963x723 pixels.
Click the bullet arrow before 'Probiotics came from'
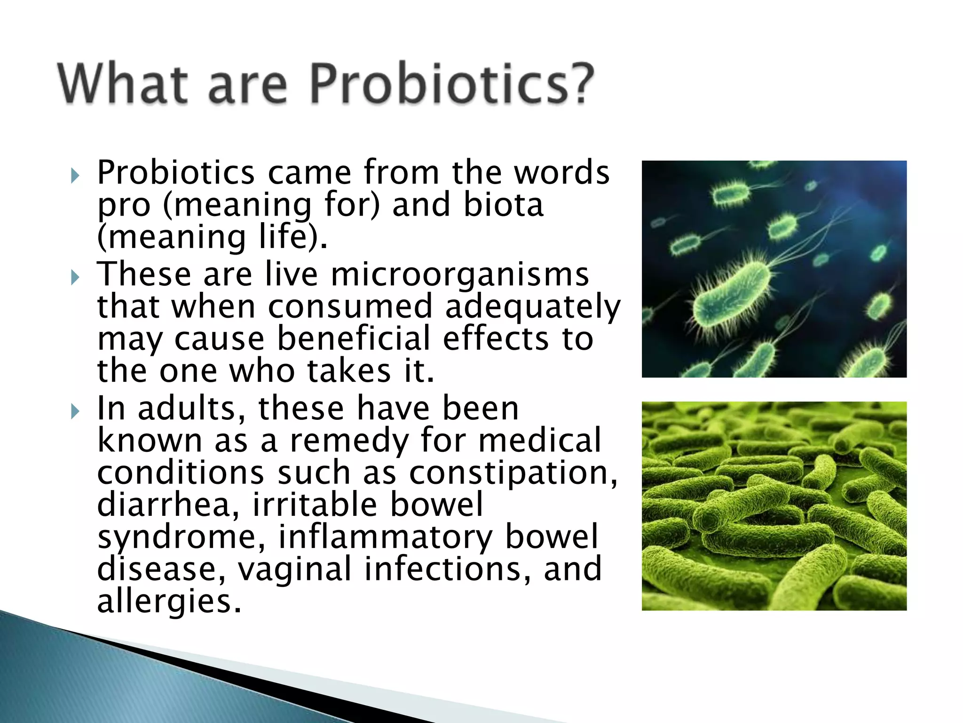tap(75, 176)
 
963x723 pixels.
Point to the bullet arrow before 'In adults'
tap(75, 411)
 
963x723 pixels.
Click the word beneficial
tap(354, 339)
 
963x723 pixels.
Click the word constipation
tap(513, 473)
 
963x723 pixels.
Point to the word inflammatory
tap(385, 537)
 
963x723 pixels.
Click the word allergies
tap(169, 602)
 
